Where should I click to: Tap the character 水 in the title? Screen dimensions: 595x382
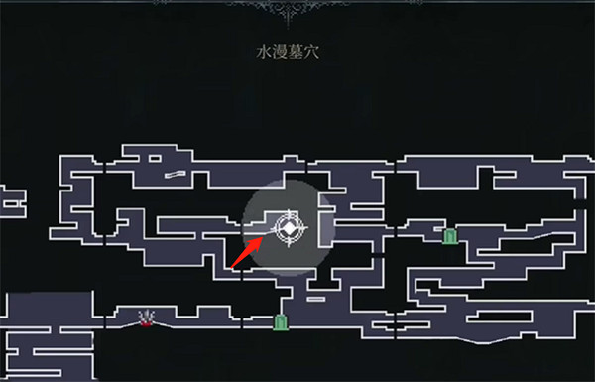click(262, 48)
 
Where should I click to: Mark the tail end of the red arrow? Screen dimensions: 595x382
click(231, 267)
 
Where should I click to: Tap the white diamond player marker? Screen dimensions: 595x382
click(289, 229)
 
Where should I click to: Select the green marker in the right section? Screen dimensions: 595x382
click(450, 235)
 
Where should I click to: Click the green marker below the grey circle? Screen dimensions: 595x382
click(281, 321)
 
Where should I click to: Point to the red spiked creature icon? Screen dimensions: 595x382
click(148, 318)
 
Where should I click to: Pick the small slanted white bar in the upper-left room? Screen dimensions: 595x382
click(177, 176)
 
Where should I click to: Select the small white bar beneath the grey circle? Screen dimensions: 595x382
click(315, 298)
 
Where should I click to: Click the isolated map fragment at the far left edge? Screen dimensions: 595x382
click(11, 200)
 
